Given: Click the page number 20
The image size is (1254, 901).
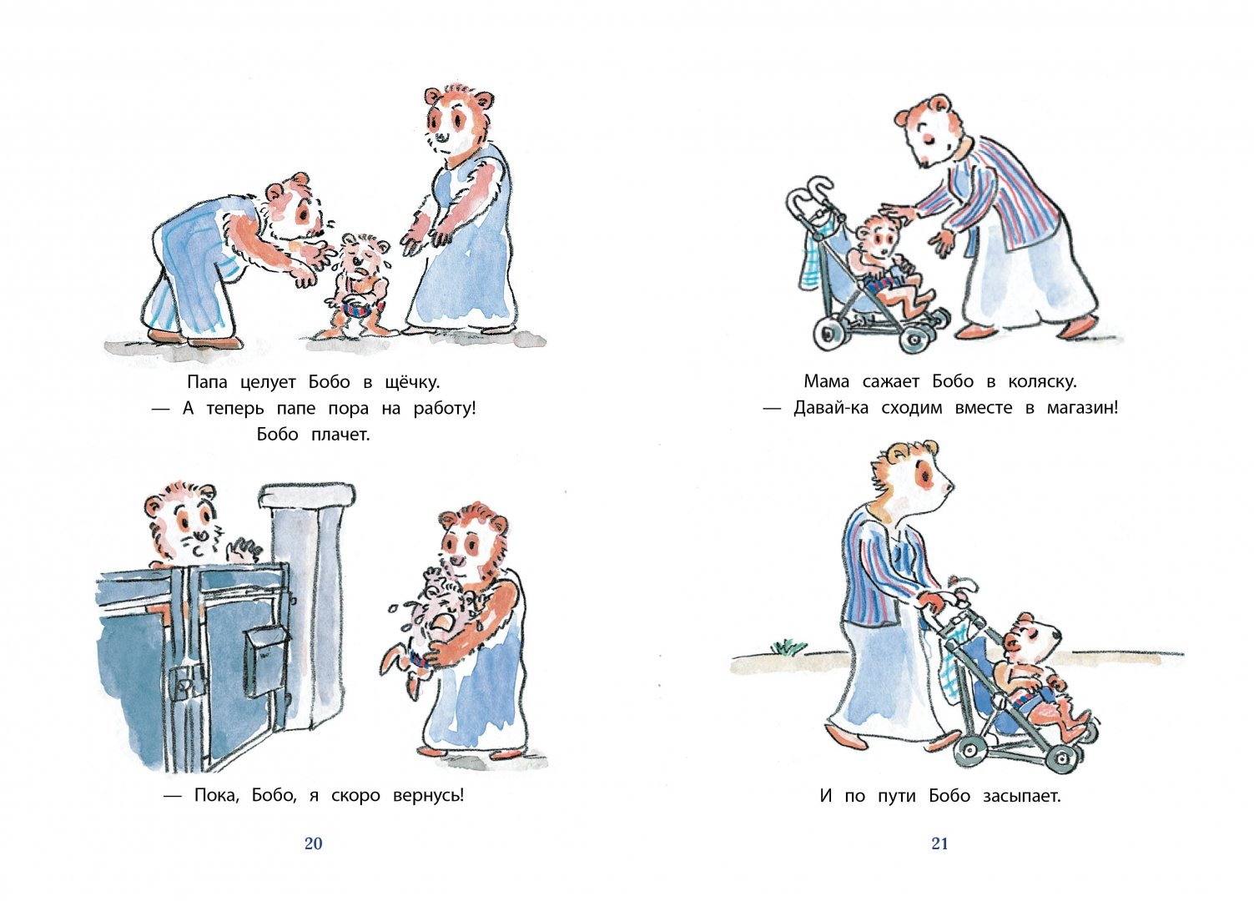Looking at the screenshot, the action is (x=313, y=843).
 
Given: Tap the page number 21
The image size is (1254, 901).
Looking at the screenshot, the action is (x=940, y=843).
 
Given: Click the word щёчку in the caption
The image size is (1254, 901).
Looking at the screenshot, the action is (x=413, y=383).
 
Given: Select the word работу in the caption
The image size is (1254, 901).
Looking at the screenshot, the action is (x=445, y=409).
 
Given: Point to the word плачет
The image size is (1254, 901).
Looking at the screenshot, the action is (x=340, y=435).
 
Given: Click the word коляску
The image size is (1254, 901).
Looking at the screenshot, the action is (x=1042, y=382).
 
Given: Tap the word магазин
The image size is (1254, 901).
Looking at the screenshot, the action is (x=1083, y=408).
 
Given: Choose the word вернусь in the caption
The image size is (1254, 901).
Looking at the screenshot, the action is (x=428, y=796).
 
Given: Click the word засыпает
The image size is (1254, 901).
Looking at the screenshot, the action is (x=1022, y=796).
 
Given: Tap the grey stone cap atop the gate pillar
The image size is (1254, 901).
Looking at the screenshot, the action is (x=307, y=497).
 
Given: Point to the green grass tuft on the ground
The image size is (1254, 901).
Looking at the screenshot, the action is (x=788, y=647).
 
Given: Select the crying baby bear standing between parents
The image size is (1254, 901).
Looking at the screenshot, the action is (x=358, y=285).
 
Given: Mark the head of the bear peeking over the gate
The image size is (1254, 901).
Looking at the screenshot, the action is (x=182, y=523).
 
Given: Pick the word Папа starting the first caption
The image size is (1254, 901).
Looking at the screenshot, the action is (x=207, y=383).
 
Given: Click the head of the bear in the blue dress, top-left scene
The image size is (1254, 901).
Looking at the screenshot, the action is (x=459, y=122).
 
